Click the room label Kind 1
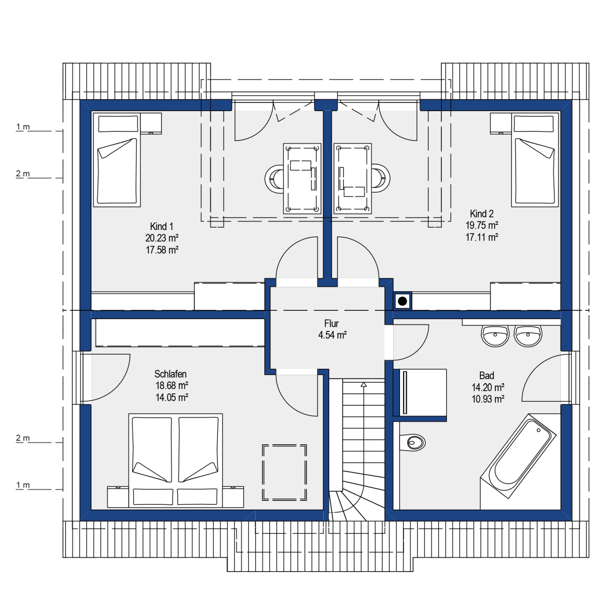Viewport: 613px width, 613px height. (x=161, y=227)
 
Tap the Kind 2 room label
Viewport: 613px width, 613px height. (x=482, y=213)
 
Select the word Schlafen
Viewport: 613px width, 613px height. (x=170, y=374)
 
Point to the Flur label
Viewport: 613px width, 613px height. (x=331, y=323)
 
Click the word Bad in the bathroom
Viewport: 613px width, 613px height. (x=487, y=376)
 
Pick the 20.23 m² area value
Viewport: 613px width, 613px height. (x=162, y=238)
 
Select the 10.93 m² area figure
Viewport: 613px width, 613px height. (x=488, y=399)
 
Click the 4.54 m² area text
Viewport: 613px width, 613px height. (x=332, y=335)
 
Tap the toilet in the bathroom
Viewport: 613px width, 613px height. (x=412, y=443)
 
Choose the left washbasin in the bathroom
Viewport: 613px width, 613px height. (x=495, y=335)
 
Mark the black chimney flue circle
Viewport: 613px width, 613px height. (x=402, y=301)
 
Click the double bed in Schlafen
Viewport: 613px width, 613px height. (x=176, y=460)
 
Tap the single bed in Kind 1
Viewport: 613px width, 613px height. (x=117, y=160)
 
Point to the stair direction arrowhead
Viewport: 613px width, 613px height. (x=364, y=385)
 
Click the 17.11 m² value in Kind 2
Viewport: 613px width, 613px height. (x=482, y=237)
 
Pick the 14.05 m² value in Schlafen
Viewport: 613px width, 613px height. (x=172, y=397)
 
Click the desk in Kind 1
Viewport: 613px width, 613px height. (x=302, y=178)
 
